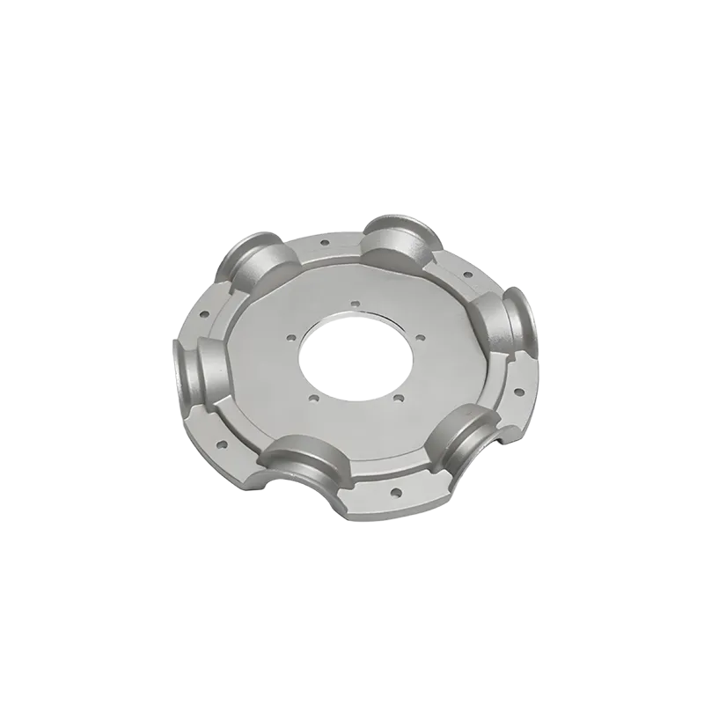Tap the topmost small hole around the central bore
coord(355,305)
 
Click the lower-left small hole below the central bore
coord(314,398)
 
